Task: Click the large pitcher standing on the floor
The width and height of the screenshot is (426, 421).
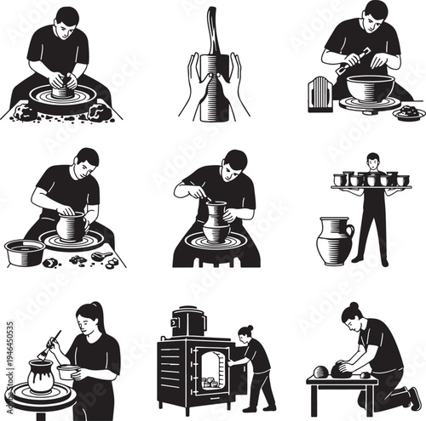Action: (x=335, y=242)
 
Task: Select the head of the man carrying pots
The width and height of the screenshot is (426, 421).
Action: (x=372, y=159)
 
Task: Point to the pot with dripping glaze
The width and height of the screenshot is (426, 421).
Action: (x=41, y=375)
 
